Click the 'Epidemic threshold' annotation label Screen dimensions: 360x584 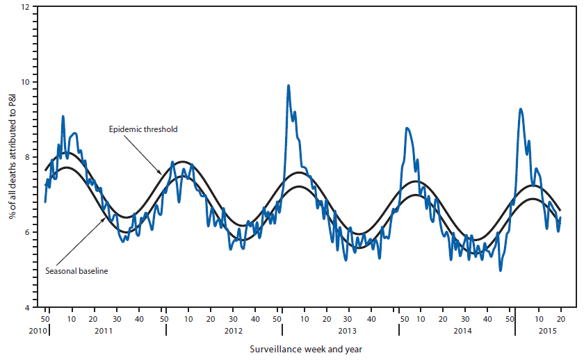[x=143, y=129]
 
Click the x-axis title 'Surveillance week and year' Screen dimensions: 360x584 [x=306, y=349]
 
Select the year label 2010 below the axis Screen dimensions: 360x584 [x=38, y=331]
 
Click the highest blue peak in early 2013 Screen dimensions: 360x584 [x=289, y=85]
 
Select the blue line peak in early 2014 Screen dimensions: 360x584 [x=407, y=128]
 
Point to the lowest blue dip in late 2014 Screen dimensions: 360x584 [x=501, y=270]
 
